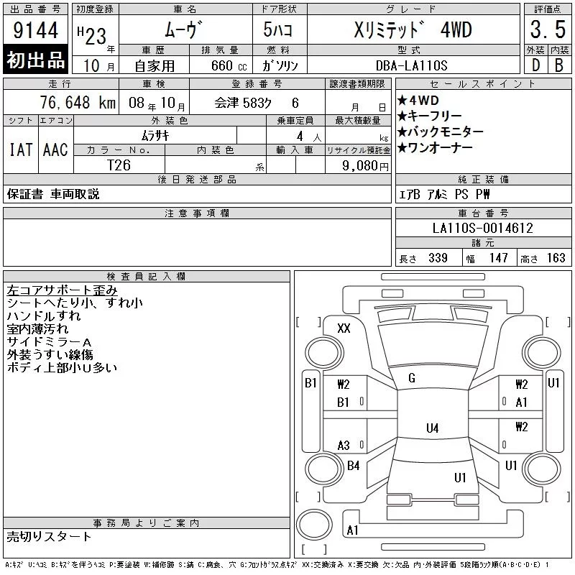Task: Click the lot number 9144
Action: pos(35,30)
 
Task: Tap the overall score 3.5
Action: pos(548,29)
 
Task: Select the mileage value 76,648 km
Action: pos(78,103)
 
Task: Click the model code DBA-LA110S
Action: pos(411,65)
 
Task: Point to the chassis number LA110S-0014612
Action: pos(482,228)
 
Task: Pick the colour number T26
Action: pos(119,165)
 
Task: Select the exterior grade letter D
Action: pos(535,65)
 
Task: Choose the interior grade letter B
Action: pos(559,65)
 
